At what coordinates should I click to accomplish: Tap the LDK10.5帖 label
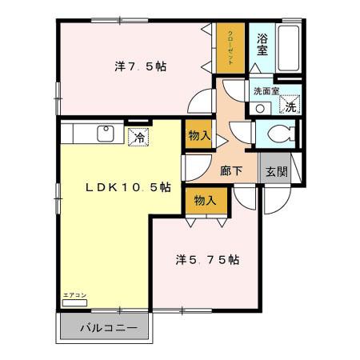128,186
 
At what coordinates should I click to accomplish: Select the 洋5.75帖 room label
208,259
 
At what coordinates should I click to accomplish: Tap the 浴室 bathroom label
262,42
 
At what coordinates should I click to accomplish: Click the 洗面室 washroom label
266,91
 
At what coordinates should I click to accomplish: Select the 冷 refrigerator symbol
138,136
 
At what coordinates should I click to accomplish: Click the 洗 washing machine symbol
290,106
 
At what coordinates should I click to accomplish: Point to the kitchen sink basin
105,134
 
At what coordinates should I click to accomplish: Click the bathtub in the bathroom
288,50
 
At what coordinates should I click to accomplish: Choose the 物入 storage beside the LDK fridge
199,137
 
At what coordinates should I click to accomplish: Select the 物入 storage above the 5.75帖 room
205,200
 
